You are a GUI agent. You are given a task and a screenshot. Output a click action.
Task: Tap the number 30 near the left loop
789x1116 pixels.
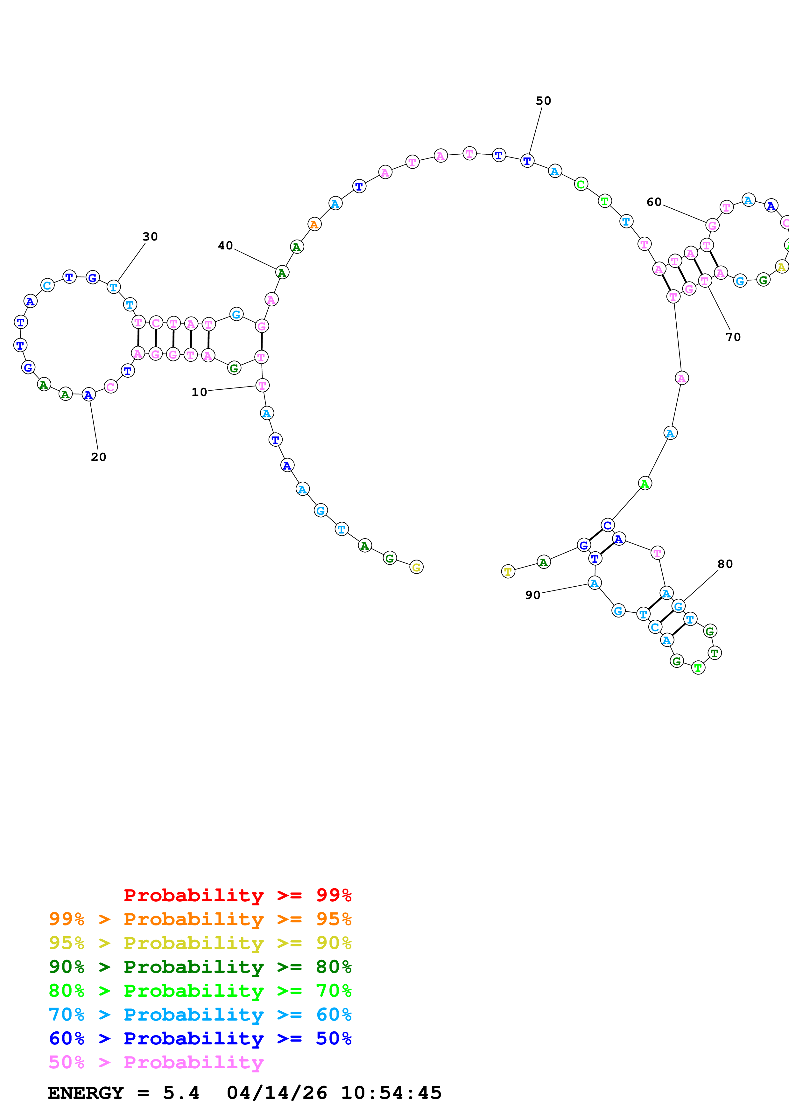coord(150,236)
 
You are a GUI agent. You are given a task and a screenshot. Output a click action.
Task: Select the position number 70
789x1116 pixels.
coord(733,337)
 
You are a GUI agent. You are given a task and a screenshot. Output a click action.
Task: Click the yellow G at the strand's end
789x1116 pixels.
coord(416,567)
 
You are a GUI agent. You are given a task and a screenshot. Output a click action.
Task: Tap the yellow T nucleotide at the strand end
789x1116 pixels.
coord(508,572)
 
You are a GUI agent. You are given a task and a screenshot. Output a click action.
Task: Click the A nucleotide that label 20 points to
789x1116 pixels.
coord(88,395)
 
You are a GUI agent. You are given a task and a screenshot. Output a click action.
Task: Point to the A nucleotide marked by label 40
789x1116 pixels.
coord(282,272)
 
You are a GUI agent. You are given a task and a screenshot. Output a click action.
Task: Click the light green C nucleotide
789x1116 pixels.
coord(581,184)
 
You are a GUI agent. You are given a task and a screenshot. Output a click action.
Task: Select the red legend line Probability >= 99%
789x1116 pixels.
coord(237,895)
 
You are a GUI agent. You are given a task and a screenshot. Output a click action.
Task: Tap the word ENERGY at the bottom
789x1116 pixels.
coord(86,1093)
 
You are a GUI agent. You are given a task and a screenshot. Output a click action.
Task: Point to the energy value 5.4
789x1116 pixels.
coord(181,1093)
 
